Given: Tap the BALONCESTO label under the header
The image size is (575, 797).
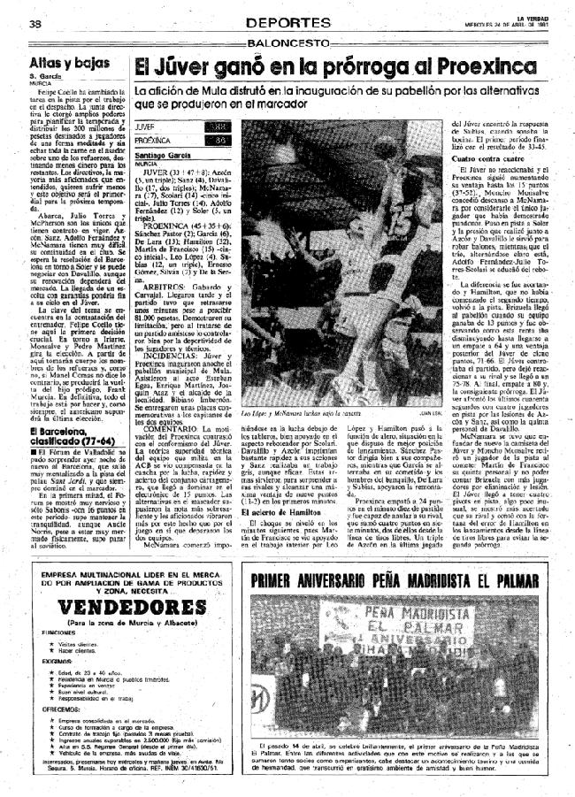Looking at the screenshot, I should tap(287, 42).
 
